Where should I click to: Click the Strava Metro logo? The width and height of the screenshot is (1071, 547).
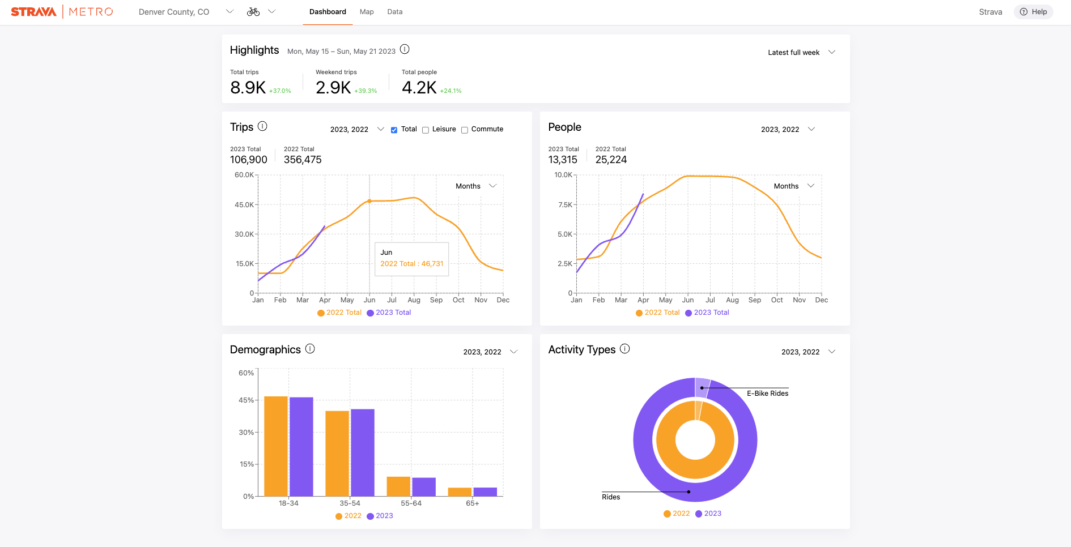pos(62,12)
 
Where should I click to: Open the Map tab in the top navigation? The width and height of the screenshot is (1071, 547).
pos(367,12)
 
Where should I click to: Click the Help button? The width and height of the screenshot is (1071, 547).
pos(1033,12)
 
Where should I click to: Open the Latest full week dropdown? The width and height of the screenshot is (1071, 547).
pos(801,52)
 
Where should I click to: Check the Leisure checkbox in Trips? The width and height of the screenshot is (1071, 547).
pos(426,130)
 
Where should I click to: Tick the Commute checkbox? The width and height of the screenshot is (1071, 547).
pos(465,130)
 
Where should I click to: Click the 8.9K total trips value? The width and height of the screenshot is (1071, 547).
pos(248,88)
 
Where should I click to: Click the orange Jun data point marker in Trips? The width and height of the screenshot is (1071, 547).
pos(369,201)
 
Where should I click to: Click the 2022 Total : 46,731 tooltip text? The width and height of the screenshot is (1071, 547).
pos(412,264)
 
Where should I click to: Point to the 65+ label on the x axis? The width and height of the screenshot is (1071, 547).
pos(473,503)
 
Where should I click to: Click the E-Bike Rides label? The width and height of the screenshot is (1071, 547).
pos(767,394)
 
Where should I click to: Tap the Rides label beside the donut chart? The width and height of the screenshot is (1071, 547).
pos(611,497)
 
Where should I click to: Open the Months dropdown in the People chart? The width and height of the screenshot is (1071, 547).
pos(793,186)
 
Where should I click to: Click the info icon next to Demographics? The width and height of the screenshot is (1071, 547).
pos(310,349)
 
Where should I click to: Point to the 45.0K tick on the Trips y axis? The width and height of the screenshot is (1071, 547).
pos(244,205)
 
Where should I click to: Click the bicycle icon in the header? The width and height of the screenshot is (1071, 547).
pos(253,12)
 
